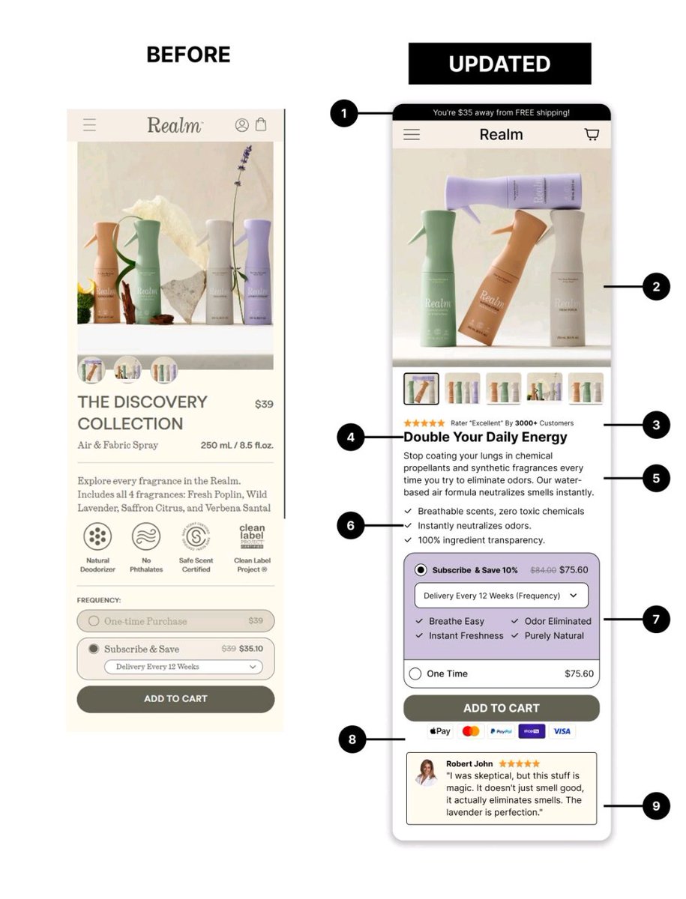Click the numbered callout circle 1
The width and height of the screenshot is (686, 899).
(x=343, y=114)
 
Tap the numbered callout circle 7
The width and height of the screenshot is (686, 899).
(x=656, y=620)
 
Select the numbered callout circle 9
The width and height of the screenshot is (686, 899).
(x=656, y=805)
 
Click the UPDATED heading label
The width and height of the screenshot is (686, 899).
(x=499, y=64)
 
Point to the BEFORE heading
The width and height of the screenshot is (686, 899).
(x=188, y=55)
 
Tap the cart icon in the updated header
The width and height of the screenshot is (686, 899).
(x=592, y=135)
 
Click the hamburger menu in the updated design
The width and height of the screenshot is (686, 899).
(x=412, y=135)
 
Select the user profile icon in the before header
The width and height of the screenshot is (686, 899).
(x=241, y=125)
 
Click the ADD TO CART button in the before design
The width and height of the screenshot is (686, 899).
(x=175, y=698)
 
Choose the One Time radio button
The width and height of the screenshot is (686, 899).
(x=415, y=674)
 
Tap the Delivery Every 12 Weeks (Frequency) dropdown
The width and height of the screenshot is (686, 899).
(x=501, y=596)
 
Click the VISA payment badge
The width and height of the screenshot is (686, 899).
(x=562, y=731)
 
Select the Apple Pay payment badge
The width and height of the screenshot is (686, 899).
(x=440, y=731)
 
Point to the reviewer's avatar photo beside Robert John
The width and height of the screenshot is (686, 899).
(x=427, y=772)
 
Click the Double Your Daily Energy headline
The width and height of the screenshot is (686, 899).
(x=485, y=437)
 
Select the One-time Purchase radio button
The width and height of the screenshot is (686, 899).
(x=94, y=621)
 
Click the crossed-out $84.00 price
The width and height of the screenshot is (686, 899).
(x=543, y=570)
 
